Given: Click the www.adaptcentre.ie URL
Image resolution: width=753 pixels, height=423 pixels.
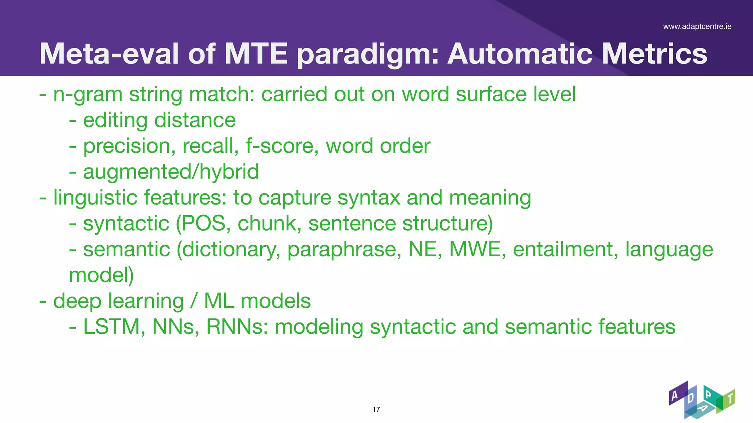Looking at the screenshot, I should pyautogui.click(x=697, y=26).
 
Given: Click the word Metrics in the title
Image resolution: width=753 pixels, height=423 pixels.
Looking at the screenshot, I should pyautogui.click(x=654, y=54).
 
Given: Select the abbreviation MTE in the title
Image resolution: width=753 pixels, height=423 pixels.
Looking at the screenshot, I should pyautogui.click(x=256, y=54).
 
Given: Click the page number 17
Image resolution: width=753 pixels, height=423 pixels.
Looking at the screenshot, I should pyautogui.click(x=376, y=409).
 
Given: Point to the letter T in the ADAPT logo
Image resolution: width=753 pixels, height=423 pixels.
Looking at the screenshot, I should pyautogui.click(x=730, y=398).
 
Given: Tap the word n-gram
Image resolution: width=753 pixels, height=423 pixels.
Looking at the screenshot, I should pyautogui.click(x=88, y=94).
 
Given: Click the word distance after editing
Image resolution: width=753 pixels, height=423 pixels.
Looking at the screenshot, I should pyautogui.click(x=195, y=120).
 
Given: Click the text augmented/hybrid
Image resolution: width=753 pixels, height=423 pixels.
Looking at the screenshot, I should pyautogui.click(x=171, y=172).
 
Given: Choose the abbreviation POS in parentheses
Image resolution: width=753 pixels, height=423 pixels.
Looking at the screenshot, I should pyautogui.click(x=203, y=223).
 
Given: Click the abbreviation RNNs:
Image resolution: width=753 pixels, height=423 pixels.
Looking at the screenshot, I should pyautogui.click(x=237, y=326).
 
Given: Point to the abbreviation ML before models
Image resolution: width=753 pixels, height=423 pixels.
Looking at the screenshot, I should pyautogui.click(x=219, y=301).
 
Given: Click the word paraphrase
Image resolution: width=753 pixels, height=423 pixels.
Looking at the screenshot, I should pyautogui.click(x=344, y=250).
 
